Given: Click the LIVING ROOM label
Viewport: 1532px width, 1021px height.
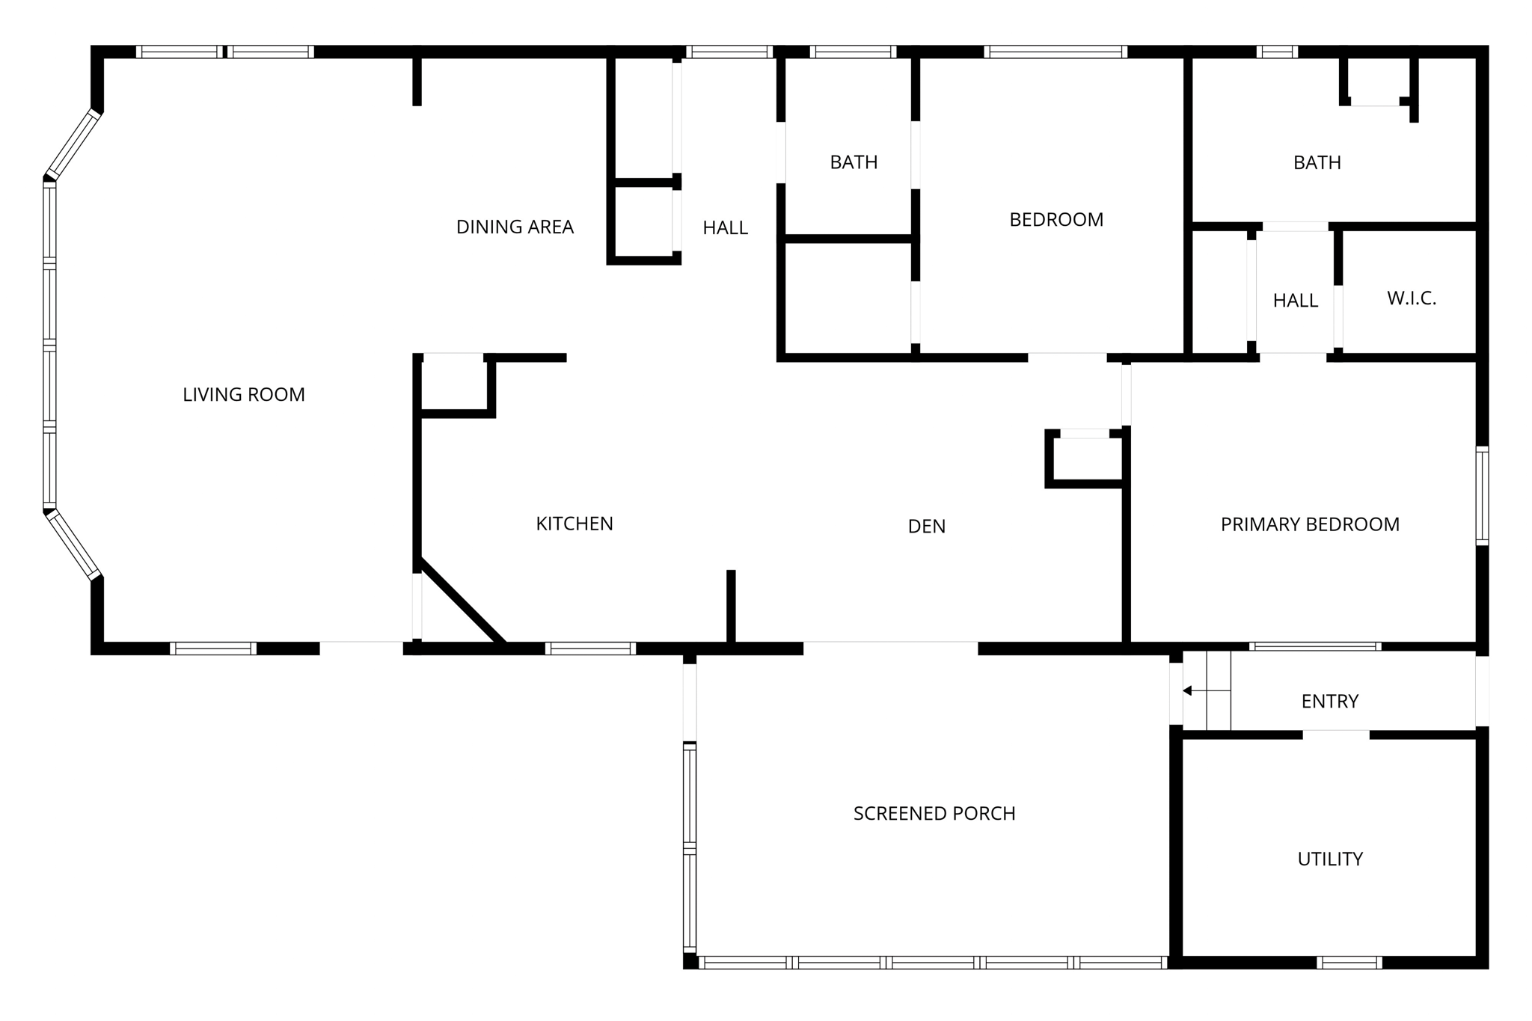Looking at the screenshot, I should tap(244, 395).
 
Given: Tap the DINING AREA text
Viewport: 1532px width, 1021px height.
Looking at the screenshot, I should tap(515, 227).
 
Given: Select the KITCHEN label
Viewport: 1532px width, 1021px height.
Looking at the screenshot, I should tap(574, 524).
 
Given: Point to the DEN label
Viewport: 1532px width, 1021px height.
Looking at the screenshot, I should tap(927, 527).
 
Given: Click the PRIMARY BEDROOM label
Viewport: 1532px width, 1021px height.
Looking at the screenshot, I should tap(1310, 524).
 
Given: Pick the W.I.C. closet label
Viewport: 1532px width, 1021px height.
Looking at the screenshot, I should tap(1412, 298).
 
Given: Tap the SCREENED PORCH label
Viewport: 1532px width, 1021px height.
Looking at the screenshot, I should tap(934, 813).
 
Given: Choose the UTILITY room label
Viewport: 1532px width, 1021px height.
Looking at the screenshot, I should tap(1330, 859).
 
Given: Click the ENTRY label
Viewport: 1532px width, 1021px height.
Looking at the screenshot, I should tap(1329, 701).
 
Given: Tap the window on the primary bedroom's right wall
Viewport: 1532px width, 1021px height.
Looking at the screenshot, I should tap(1481, 495).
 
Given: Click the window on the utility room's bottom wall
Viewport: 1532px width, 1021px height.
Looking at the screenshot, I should tap(1349, 962).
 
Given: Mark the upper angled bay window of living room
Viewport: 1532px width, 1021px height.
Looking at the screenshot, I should tap(73, 144).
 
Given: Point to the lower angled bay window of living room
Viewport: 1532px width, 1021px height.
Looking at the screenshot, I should tap(73, 545).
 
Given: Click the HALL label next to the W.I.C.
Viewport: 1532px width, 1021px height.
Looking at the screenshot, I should tap(1295, 301).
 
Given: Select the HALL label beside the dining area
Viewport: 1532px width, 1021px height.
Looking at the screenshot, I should tap(725, 228).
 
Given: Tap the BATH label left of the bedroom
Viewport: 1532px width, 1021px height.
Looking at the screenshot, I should tap(854, 162).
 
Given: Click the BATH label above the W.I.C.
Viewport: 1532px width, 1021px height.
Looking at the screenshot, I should tap(1317, 162).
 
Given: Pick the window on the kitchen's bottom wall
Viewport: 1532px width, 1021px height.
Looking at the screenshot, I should tap(590, 648).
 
